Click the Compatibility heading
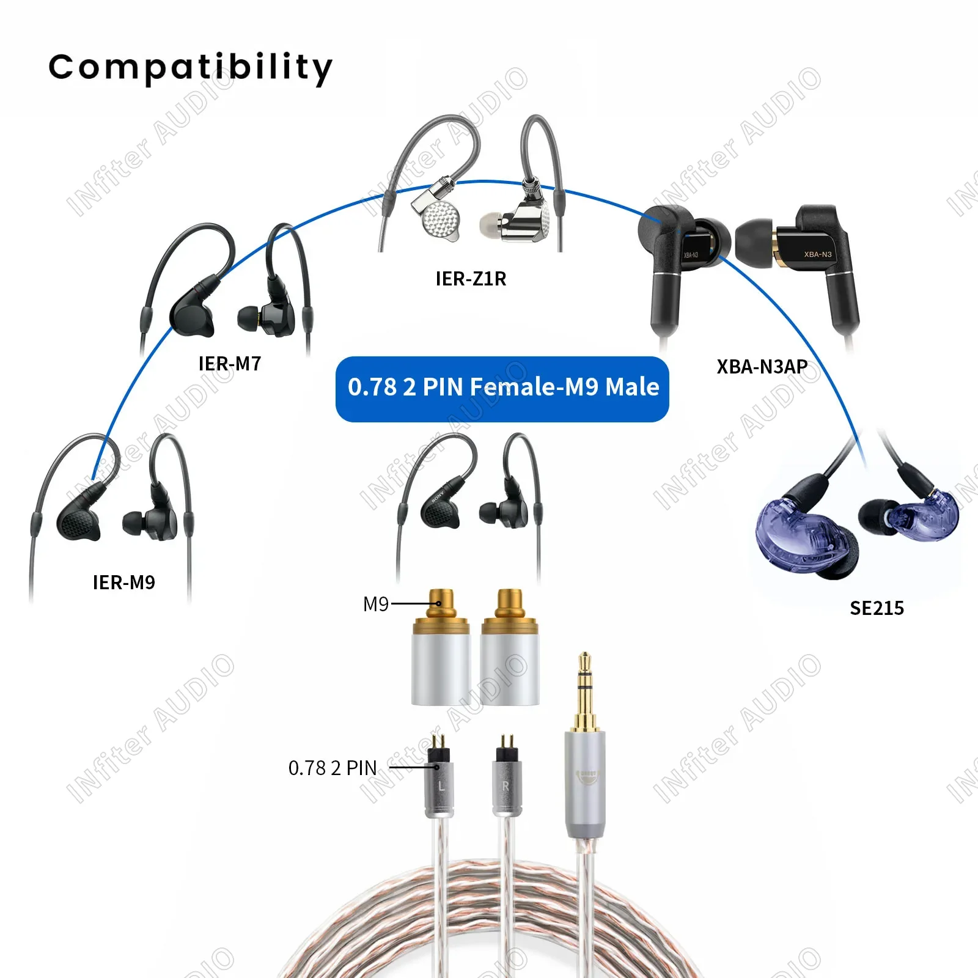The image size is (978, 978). pos(190,67)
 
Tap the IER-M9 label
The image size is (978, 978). pos(123,583)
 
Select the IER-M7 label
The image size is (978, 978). pos(230,364)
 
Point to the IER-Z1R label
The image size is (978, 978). pos(471,279)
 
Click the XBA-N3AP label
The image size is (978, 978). pos(762,367)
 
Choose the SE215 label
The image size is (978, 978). pos(877,608)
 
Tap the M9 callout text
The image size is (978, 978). pos(375,605)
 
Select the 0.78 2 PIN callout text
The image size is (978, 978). pos(332,768)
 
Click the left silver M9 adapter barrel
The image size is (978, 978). pos(441,669)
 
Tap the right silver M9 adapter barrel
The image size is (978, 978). pos(510,669)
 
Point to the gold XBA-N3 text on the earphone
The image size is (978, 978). pos(817,254)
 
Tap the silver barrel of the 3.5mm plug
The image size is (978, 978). pos(585,782)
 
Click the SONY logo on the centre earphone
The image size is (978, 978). pos(438,495)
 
